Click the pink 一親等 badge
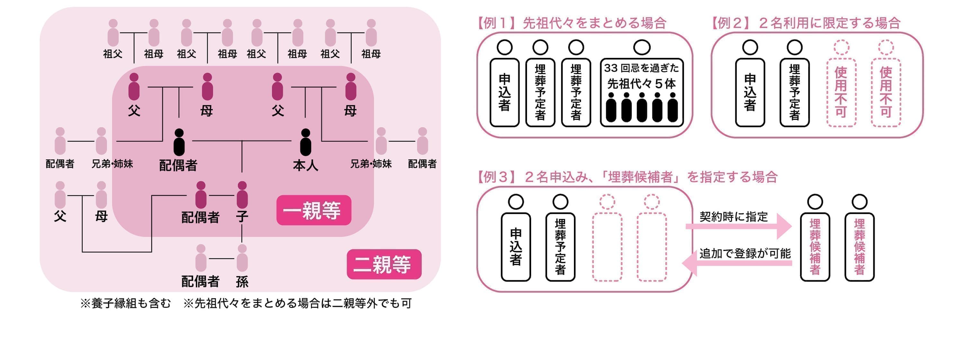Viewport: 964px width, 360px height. (x=314, y=210)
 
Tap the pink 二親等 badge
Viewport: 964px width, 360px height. (x=384, y=264)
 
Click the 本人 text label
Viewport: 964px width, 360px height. (x=306, y=165)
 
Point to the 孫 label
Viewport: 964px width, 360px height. (x=242, y=282)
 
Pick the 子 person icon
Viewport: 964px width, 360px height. (x=242, y=195)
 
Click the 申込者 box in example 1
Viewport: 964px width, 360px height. (x=504, y=93)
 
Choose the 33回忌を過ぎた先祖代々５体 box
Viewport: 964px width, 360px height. (x=641, y=93)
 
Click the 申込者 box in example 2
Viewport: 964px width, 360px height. (x=750, y=93)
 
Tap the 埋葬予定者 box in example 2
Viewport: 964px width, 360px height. (x=794, y=93)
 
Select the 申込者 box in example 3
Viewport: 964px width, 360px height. (x=516, y=247)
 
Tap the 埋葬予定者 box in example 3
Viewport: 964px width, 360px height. (x=560, y=247)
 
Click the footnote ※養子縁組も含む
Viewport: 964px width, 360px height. (x=126, y=303)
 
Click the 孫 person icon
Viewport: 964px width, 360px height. (x=242, y=258)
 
